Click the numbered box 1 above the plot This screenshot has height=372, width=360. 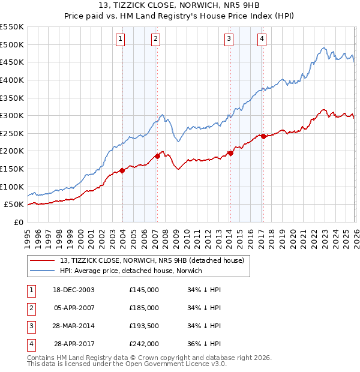(x=121, y=40)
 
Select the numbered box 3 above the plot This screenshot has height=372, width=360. (x=229, y=40)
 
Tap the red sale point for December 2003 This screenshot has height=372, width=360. (x=122, y=170)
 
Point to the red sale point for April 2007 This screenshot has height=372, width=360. (x=157, y=156)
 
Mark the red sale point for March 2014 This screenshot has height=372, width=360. (x=230, y=153)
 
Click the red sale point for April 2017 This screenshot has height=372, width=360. (x=263, y=136)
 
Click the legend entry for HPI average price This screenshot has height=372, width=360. (x=131, y=271)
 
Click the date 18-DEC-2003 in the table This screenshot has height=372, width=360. (x=74, y=290)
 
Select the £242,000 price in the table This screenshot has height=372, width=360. (x=144, y=344)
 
